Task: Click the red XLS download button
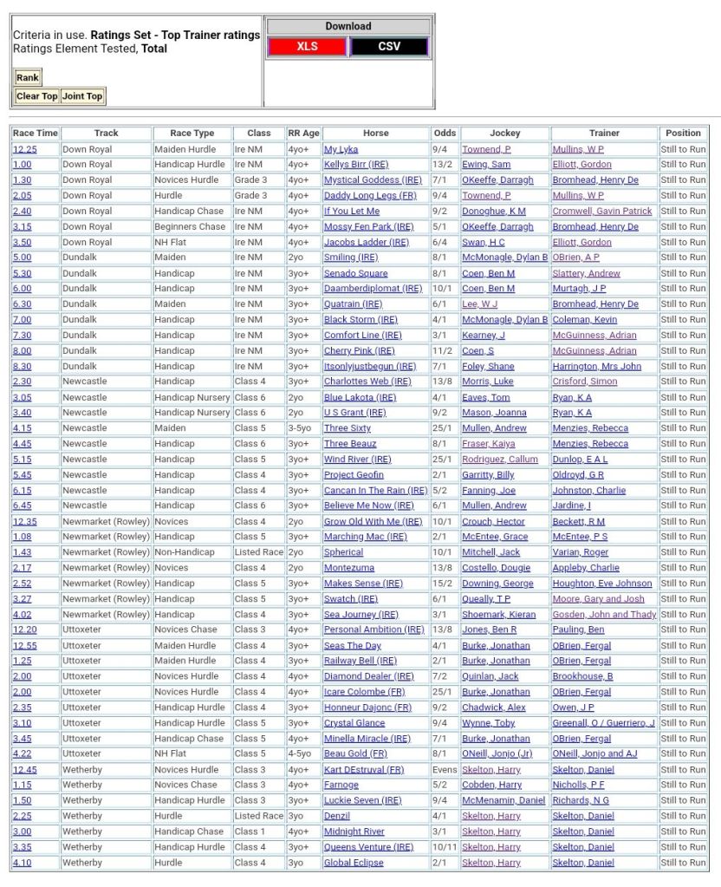(307, 47)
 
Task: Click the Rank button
(28, 78)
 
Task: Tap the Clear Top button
(37, 96)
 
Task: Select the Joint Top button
(82, 96)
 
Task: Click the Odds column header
(445, 134)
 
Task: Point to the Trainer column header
(604, 134)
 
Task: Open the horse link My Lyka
(341, 149)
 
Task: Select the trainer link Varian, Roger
(581, 552)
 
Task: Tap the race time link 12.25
(24, 149)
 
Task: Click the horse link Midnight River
(354, 832)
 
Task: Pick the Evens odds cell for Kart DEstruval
(445, 770)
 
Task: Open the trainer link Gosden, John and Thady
(604, 615)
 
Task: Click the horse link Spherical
(343, 552)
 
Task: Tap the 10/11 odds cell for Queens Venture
(445, 847)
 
